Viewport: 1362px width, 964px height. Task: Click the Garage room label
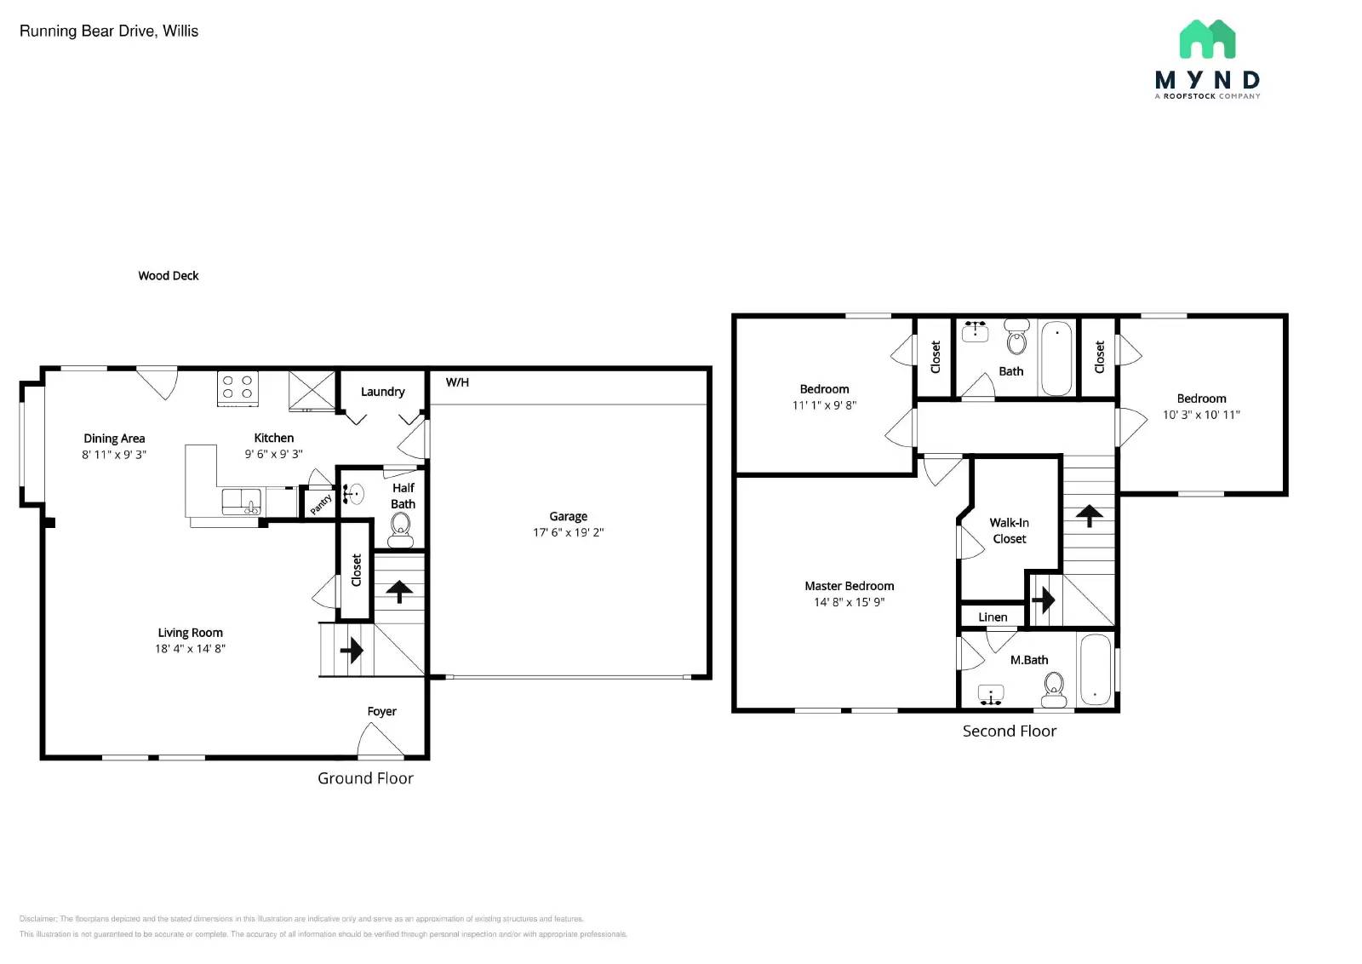(x=568, y=516)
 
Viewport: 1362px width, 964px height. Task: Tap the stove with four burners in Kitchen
(x=238, y=387)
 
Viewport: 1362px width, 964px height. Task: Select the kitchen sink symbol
(x=241, y=502)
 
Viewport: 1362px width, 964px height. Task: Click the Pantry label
(x=321, y=504)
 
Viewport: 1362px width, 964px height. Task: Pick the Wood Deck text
(x=169, y=276)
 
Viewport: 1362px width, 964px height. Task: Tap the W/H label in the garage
(x=457, y=382)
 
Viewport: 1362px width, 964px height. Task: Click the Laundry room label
(x=382, y=392)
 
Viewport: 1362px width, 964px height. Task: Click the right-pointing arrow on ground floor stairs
(x=351, y=651)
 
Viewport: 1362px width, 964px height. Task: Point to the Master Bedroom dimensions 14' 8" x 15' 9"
(x=849, y=602)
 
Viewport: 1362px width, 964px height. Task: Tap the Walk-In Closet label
(x=1010, y=531)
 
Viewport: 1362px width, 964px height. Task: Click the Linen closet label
(x=993, y=617)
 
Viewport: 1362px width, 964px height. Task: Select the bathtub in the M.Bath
(x=1096, y=670)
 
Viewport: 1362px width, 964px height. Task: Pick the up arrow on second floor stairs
(x=1089, y=515)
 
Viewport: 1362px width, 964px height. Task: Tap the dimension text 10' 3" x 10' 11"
(x=1201, y=415)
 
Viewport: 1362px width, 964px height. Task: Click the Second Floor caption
(x=1009, y=731)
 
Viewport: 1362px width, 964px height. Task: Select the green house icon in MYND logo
(x=1207, y=39)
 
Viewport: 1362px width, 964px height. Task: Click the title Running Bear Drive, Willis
(x=109, y=32)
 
